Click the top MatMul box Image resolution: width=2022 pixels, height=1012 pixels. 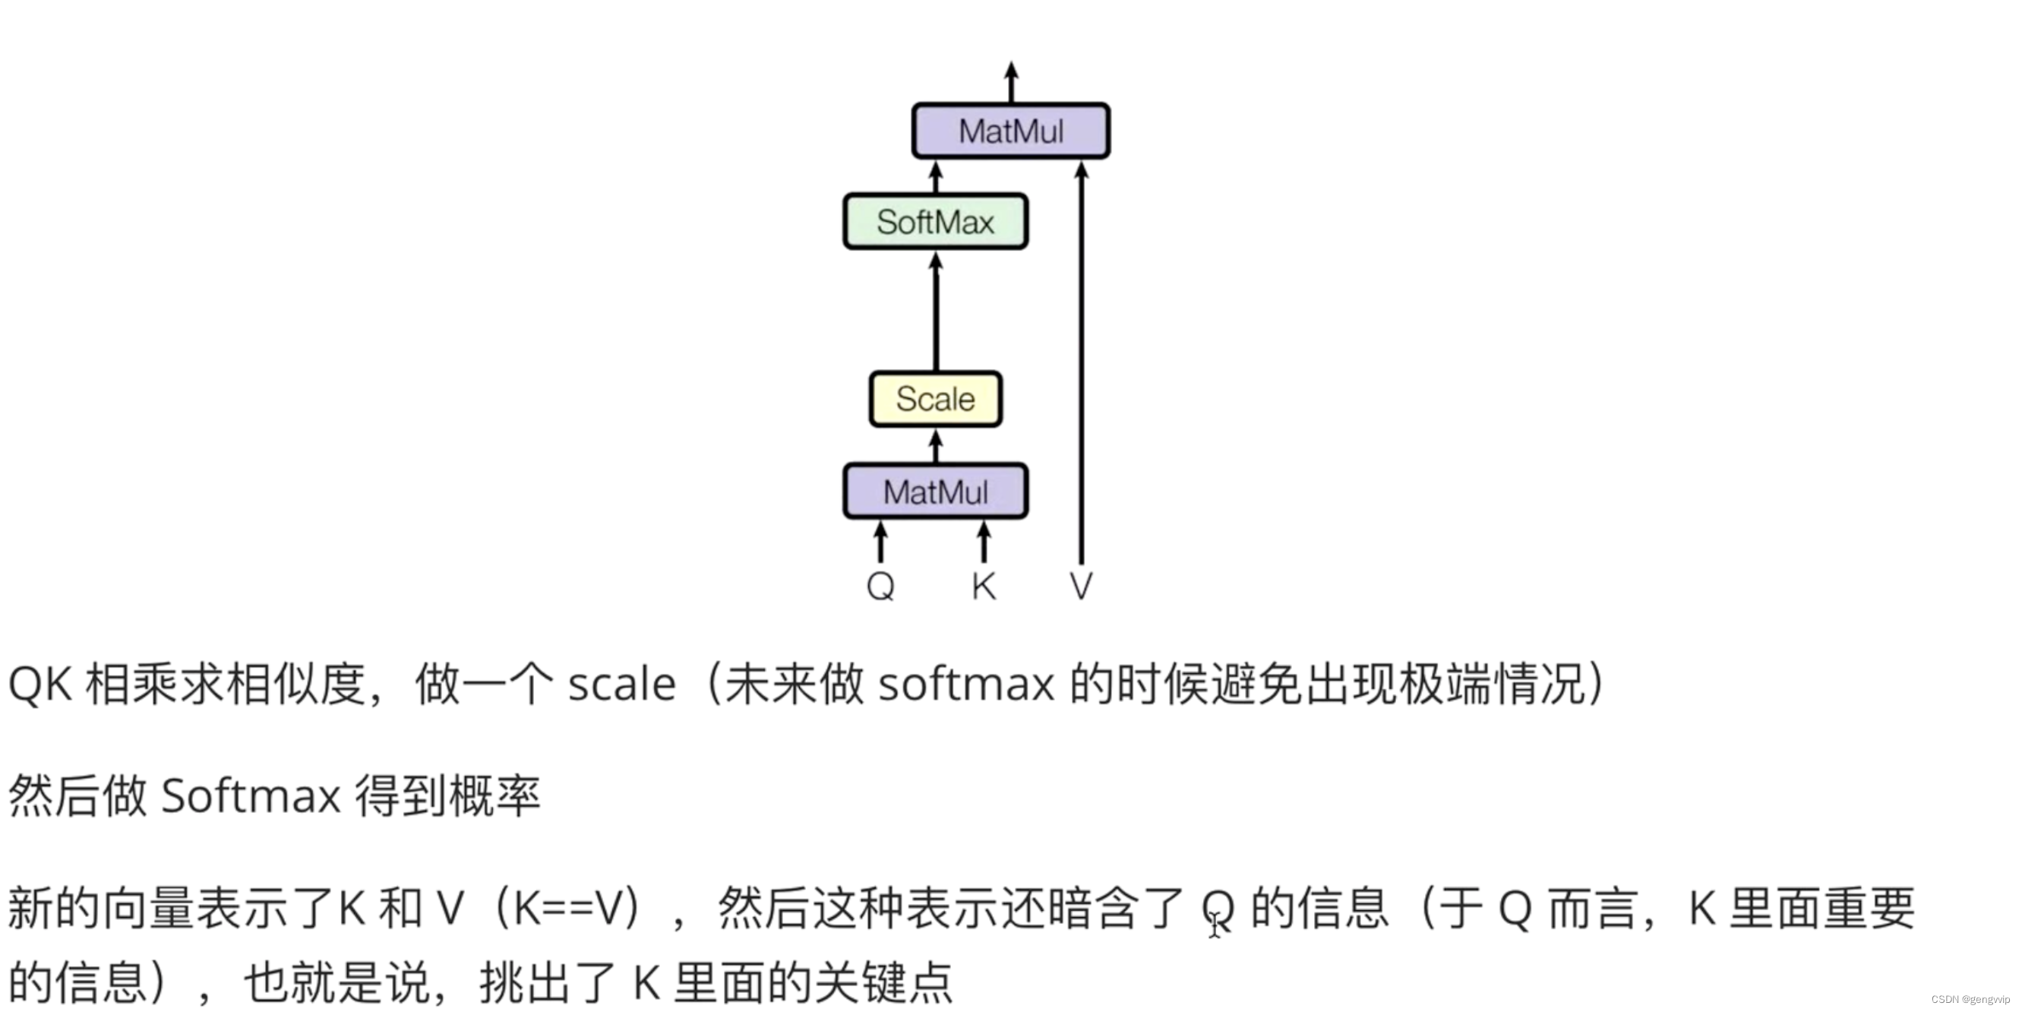[x=1010, y=131]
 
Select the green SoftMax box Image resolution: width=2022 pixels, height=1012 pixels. [x=935, y=222]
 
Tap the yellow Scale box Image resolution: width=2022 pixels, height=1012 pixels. [x=935, y=399]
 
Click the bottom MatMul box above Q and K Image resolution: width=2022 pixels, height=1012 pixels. [x=935, y=492]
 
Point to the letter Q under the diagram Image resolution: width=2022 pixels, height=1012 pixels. [x=880, y=586]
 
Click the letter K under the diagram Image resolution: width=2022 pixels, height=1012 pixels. [x=984, y=586]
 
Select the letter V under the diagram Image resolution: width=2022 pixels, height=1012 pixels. [x=1081, y=586]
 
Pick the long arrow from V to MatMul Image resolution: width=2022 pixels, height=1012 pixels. [x=1081, y=361]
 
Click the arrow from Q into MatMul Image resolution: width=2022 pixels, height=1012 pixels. [x=880, y=542]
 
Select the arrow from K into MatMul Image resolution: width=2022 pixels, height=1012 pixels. [x=984, y=542]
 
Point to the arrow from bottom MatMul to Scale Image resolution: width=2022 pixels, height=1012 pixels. [x=935, y=446]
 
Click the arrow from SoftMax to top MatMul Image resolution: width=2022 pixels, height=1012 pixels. [x=935, y=177]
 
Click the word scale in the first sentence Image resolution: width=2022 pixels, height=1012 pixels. [x=621, y=685]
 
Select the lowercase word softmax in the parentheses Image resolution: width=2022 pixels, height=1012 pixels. [x=966, y=685]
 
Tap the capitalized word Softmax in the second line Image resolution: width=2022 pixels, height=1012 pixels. [x=251, y=796]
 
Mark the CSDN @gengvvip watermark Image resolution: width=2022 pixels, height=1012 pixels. [x=1970, y=999]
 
